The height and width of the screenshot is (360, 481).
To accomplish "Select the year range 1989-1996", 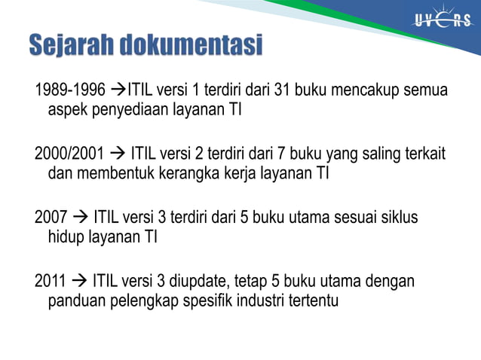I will click(x=70, y=92).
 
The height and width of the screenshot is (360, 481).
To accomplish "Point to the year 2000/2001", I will click(x=70, y=155).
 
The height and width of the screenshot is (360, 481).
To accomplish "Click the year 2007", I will click(x=52, y=218).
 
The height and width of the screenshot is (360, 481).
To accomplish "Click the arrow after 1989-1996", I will click(x=118, y=92).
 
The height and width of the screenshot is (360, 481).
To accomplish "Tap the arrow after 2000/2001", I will click(x=118, y=155).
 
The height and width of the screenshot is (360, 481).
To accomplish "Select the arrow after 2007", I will click(x=81, y=218).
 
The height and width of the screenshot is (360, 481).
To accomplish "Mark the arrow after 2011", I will click(x=79, y=282).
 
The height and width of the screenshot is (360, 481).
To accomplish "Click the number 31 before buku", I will click(x=282, y=92).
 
